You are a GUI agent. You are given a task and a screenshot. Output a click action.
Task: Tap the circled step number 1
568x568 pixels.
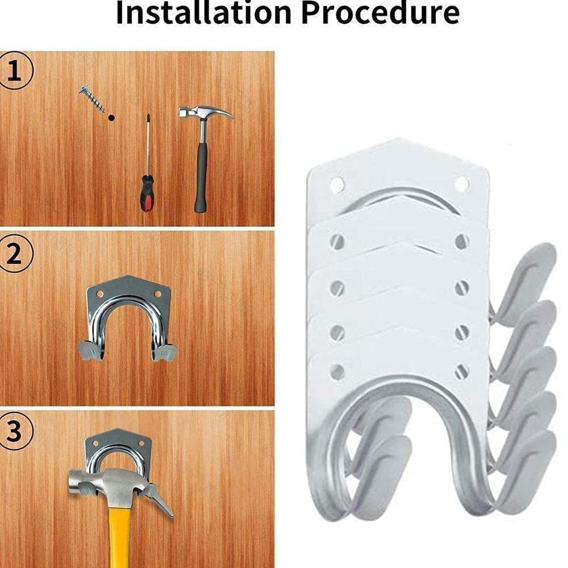point(15,72)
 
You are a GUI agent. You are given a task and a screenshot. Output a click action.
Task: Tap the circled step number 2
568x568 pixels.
point(15,254)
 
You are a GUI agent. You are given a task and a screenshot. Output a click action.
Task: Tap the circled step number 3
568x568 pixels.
point(15,431)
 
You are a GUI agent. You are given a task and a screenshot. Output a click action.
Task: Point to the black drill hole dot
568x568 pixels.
point(111,117)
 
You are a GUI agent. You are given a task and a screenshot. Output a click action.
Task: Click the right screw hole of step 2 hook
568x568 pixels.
point(158,294)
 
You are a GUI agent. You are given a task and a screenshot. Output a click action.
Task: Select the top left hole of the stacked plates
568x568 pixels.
point(336,184)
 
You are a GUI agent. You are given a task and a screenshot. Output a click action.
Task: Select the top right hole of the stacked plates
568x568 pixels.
point(461,184)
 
